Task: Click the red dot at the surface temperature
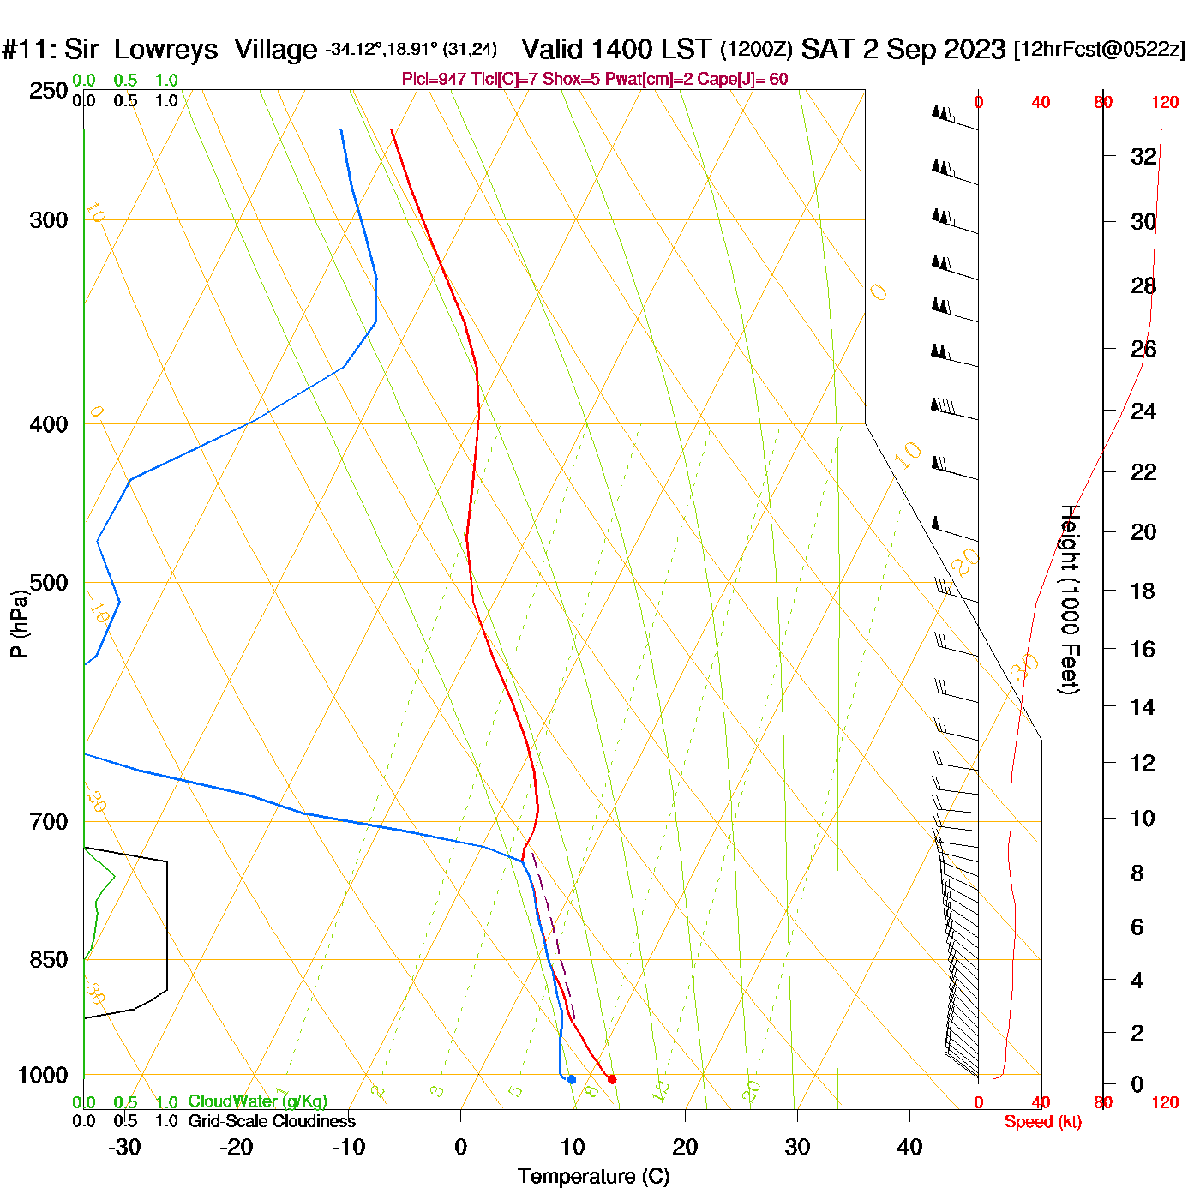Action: point(611,1079)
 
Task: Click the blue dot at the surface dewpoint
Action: point(572,1079)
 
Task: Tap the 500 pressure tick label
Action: point(48,583)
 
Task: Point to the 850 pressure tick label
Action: point(48,960)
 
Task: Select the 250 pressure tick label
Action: point(48,91)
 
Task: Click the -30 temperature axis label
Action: point(124,1147)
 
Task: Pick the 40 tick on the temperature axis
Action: point(909,1147)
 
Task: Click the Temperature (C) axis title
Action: point(593,1177)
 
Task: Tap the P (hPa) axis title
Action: point(18,623)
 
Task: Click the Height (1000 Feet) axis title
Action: point(1069,599)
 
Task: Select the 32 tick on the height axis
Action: point(1143,157)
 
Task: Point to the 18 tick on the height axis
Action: point(1143,591)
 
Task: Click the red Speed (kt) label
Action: point(1042,1122)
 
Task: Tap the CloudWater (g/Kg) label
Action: point(257,1101)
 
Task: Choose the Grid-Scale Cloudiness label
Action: point(272,1121)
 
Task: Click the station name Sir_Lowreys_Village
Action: point(190,50)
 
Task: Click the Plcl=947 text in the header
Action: point(434,80)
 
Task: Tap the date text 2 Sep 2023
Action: point(933,49)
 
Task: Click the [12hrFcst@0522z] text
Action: point(1100,50)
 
